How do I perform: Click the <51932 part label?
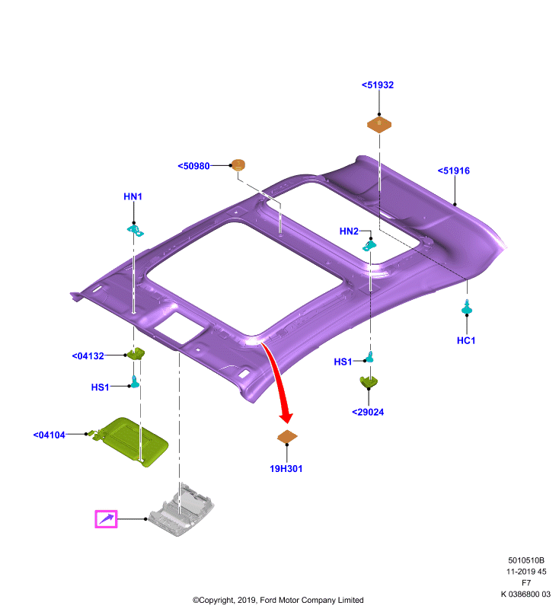(378, 85)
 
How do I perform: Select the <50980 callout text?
(193, 166)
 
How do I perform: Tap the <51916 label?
(453, 171)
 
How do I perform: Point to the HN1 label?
(133, 196)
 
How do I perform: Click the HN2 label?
(349, 231)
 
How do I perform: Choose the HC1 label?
(466, 340)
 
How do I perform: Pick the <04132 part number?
(88, 356)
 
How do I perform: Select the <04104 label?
(50, 435)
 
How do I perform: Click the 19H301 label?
(286, 469)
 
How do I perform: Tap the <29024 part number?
(368, 412)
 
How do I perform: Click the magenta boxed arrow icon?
(106, 519)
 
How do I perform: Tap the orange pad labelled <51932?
(379, 124)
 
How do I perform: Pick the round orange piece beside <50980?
(238, 164)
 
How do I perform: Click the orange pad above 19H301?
(287, 436)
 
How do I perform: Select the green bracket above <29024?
(369, 381)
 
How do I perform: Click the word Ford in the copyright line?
(269, 600)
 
